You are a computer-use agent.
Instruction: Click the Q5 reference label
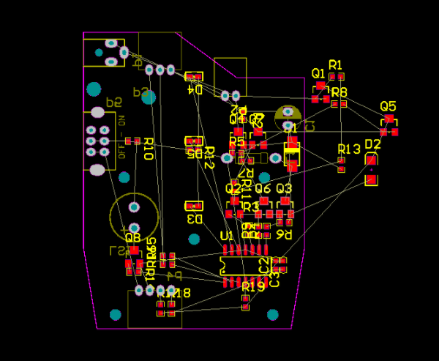[388, 106]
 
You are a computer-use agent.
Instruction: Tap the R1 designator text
[336, 65]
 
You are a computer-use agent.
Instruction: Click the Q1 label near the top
[318, 73]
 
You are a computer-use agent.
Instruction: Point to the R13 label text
[349, 149]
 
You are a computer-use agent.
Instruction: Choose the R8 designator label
[339, 92]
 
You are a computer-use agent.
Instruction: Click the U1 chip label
[227, 236]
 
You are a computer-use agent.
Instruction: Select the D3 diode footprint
[193, 206]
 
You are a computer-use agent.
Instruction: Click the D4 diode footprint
[194, 76]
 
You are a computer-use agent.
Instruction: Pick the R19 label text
[252, 287]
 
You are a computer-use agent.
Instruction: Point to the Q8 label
[132, 237]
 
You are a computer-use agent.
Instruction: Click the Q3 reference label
[284, 189]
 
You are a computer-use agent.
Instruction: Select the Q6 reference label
[263, 189]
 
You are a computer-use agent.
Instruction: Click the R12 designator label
[209, 157]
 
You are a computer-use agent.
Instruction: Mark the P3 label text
[140, 92]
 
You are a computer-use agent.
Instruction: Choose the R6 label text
[284, 234]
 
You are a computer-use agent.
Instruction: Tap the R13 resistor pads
[341, 164]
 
